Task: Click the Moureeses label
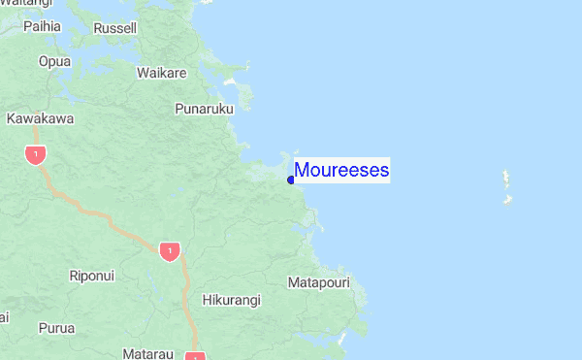coord(341,171)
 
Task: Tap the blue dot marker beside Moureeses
coord(291,180)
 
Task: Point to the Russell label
coord(115,29)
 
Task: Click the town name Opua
coord(54,61)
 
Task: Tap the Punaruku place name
coord(205,109)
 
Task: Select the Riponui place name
coord(92,276)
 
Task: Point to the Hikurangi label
coord(231,301)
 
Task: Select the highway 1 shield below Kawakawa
coord(36,154)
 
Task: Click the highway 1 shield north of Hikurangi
coord(170,251)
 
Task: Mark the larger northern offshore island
coord(505,180)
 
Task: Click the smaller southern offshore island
coord(505,200)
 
